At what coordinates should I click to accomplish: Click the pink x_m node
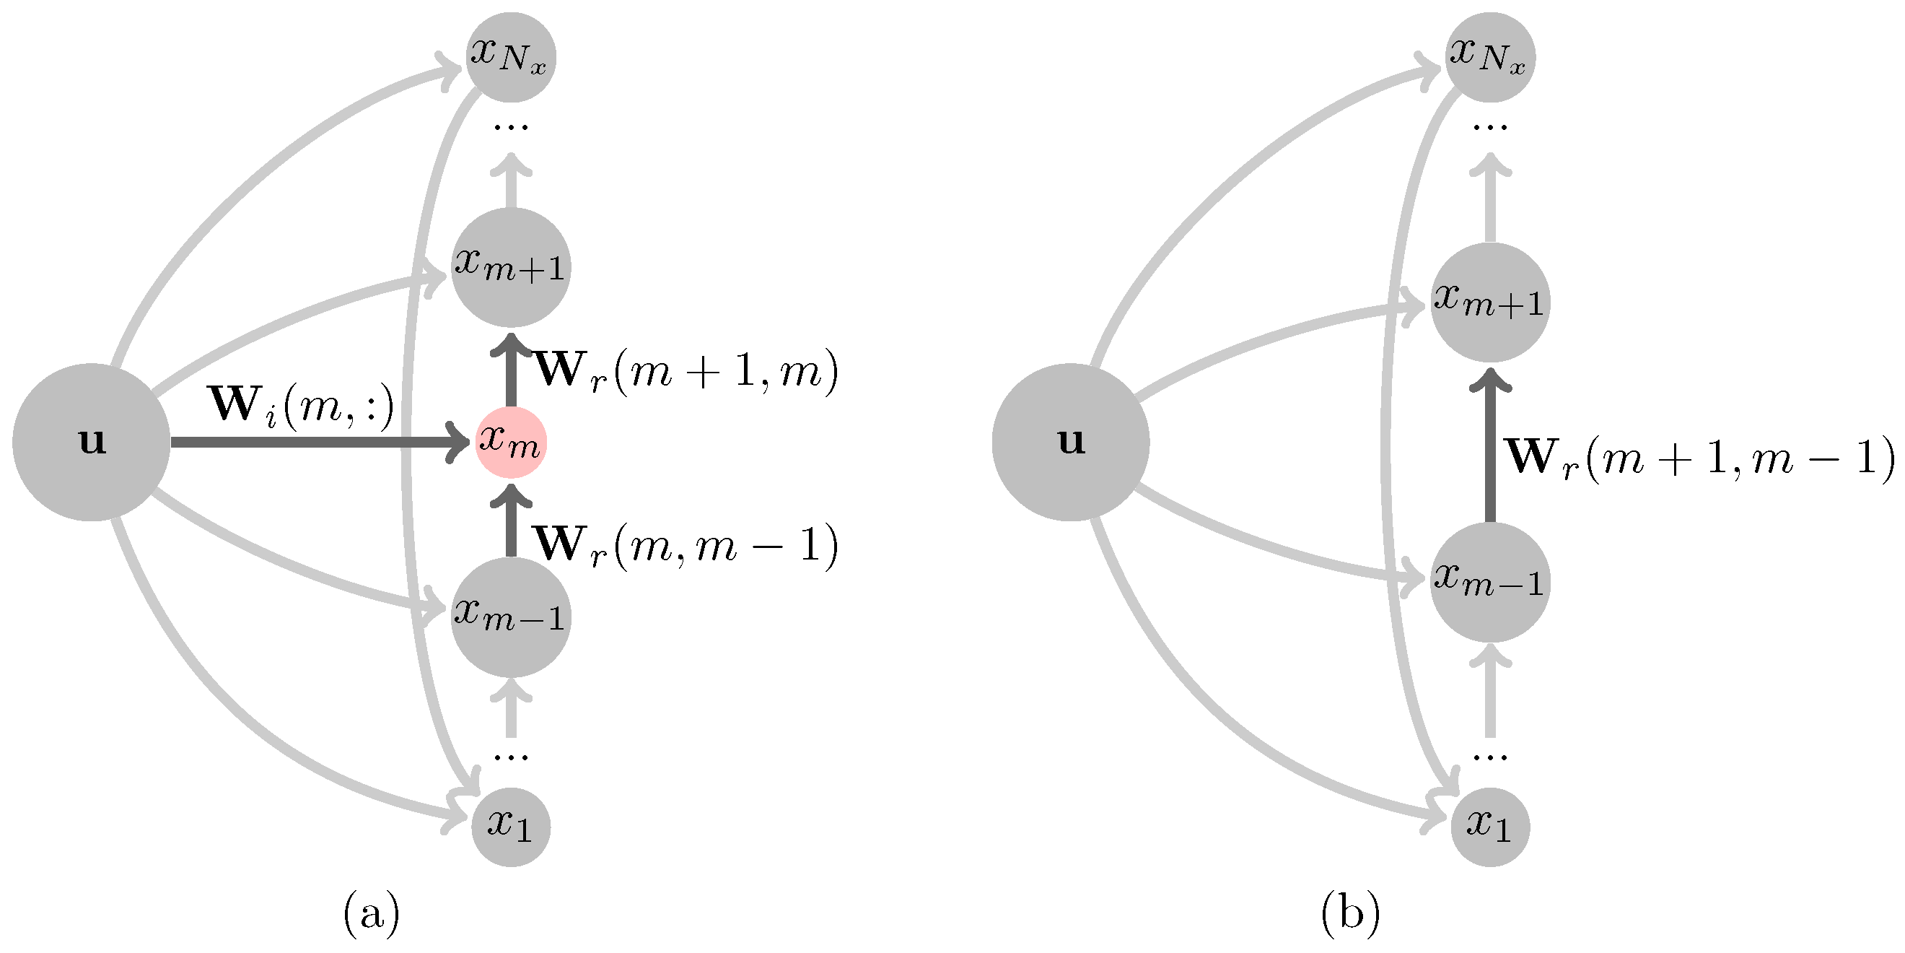point(510,443)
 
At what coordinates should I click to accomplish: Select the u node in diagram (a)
point(91,442)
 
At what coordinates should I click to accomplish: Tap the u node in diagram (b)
point(1070,442)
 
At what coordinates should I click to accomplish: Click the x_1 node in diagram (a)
point(510,827)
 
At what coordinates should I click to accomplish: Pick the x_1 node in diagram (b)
point(1489,827)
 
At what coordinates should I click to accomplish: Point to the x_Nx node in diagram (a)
point(510,57)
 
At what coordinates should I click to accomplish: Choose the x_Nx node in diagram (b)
point(1489,57)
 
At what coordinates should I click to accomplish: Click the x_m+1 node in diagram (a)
point(510,267)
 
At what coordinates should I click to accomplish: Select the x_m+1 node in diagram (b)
point(1489,302)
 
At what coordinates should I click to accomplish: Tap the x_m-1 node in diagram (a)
point(510,617)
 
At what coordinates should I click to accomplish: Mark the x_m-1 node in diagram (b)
point(1489,582)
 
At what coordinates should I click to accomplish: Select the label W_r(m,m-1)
point(685,547)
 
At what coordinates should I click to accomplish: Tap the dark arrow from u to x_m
point(318,443)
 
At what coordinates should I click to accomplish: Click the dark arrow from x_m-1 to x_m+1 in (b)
point(1489,451)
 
